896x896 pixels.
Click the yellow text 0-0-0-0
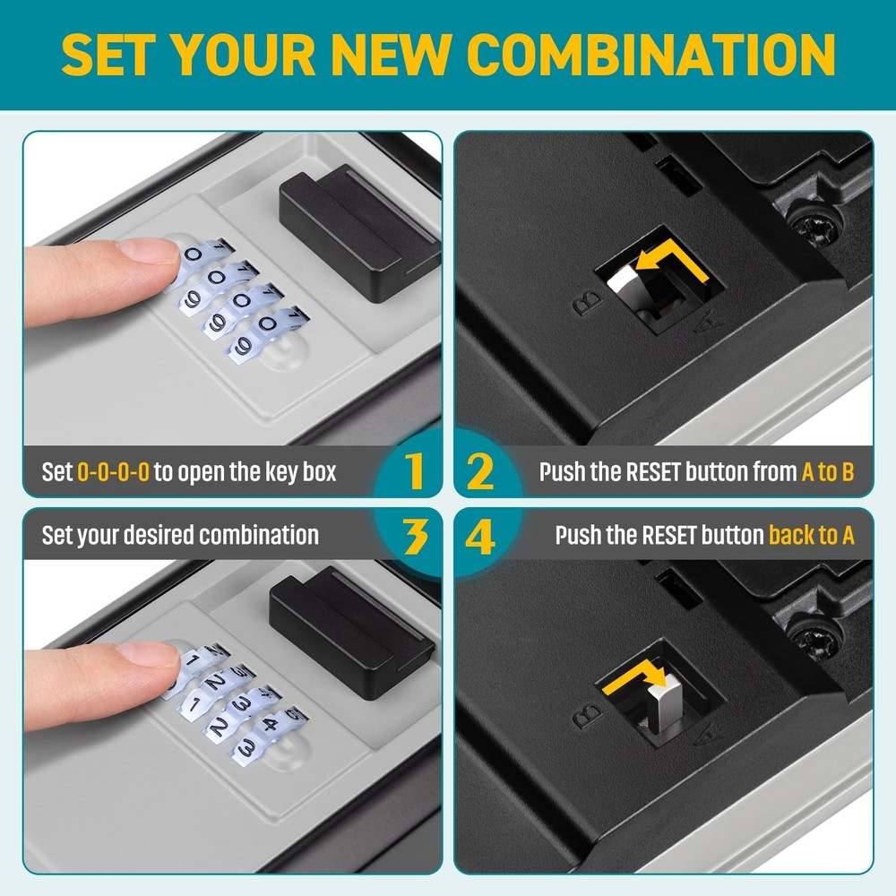click(113, 472)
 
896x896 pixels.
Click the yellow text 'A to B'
click(828, 472)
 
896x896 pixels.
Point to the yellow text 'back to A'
click(811, 537)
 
